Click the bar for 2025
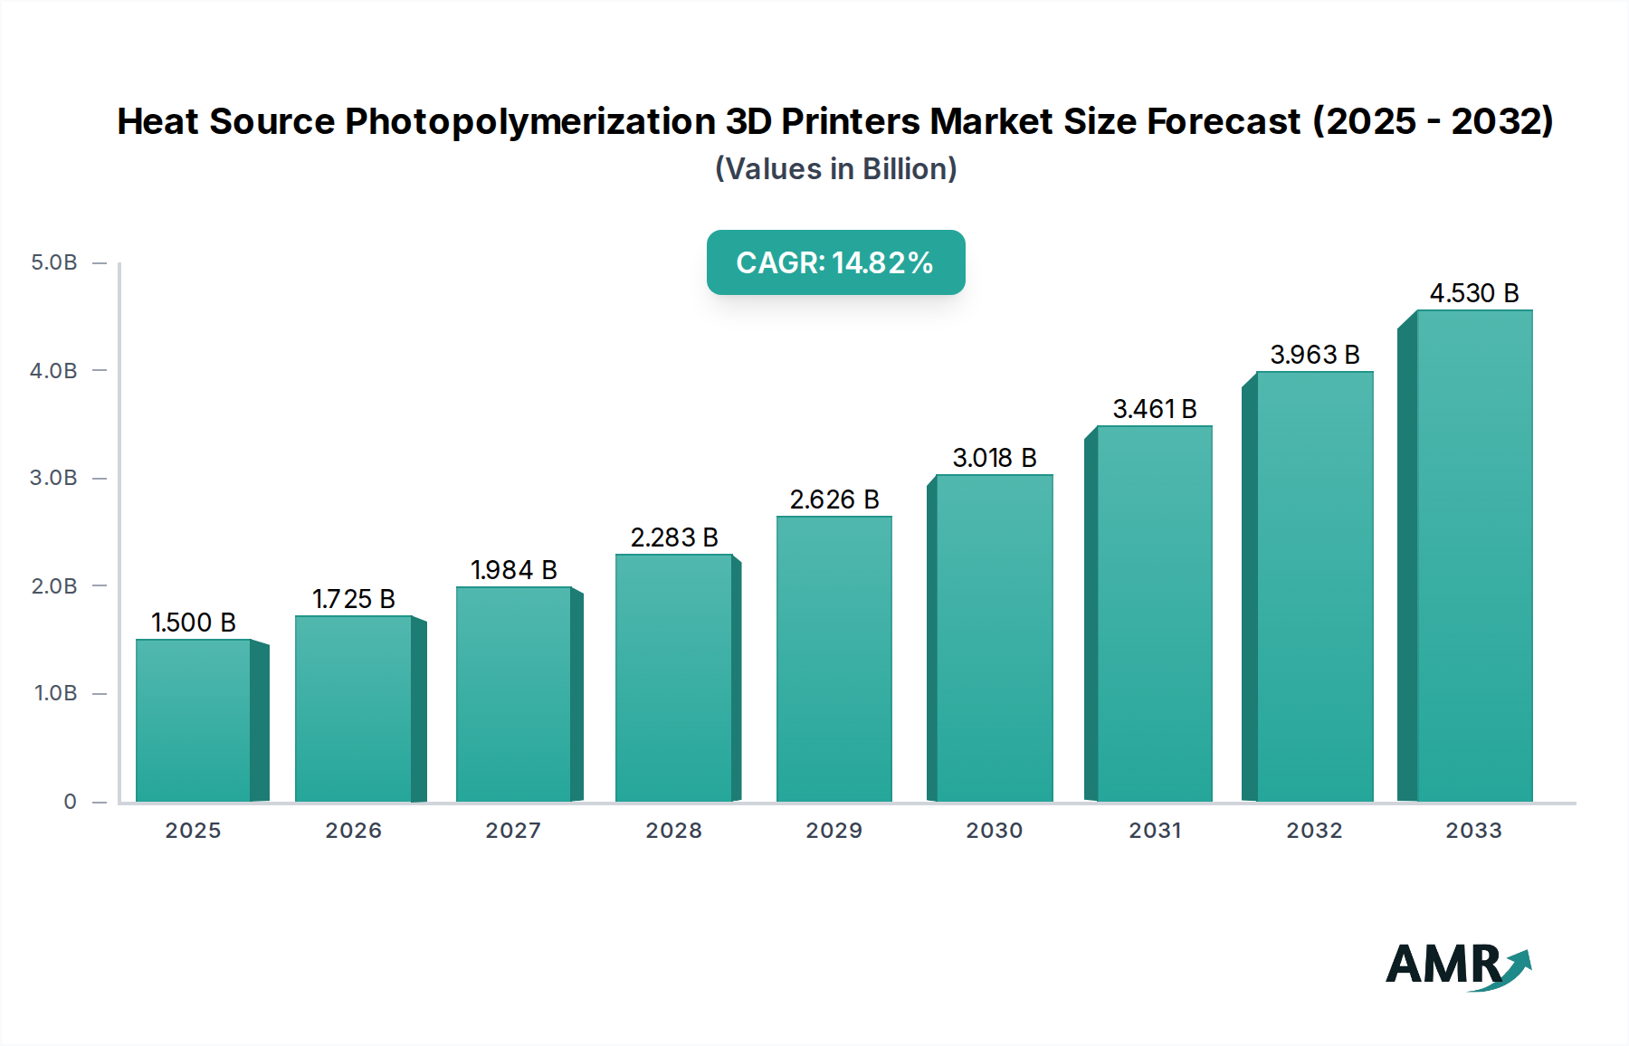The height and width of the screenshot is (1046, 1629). click(194, 720)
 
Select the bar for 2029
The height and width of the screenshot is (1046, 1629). click(834, 659)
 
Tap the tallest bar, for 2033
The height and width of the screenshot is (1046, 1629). click(1474, 556)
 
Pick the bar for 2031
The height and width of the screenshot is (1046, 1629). click(1155, 613)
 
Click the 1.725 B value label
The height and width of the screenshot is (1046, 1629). click(354, 599)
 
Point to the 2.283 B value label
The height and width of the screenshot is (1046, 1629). click(674, 537)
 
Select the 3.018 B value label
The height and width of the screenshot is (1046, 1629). click(995, 458)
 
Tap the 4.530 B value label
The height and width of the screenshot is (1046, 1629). click(1474, 293)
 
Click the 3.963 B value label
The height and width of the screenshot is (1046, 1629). click(1315, 355)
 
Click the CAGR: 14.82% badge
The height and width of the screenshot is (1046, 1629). click(835, 262)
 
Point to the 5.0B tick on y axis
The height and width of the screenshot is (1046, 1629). click(54, 262)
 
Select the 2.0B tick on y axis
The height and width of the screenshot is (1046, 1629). click(54, 586)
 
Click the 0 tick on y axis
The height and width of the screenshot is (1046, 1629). click(71, 802)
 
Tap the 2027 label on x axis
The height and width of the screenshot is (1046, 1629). click(513, 831)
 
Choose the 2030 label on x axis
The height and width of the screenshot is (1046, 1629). click(995, 831)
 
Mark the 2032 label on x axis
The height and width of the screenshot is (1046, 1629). click(1315, 831)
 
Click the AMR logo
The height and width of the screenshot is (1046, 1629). click(1458, 965)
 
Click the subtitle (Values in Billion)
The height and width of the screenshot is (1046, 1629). click(835, 169)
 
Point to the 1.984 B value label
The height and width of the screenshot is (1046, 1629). click(514, 570)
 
